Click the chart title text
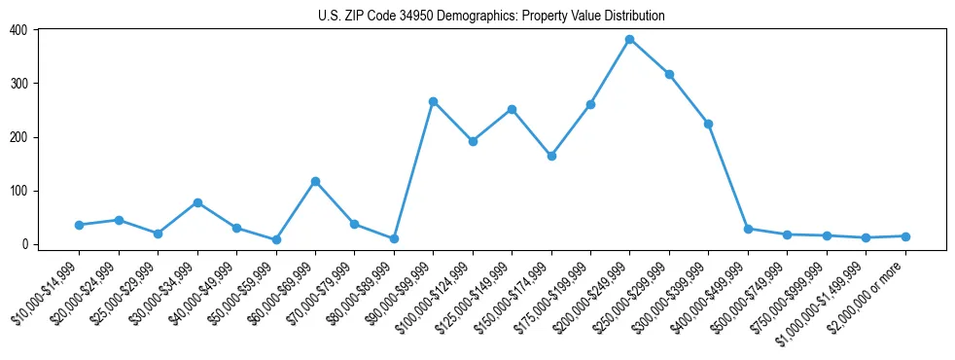click(491, 16)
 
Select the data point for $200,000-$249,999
click(629, 40)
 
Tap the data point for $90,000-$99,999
click(433, 101)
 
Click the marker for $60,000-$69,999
click(315, 181)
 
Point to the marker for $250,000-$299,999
click(669, 74)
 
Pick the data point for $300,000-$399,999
click(708, 124)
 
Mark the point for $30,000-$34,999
click(197, 202)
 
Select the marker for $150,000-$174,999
click(551, 156)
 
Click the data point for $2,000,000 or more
click(904, 236)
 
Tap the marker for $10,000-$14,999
click(79, 225)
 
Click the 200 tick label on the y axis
click(19, 137)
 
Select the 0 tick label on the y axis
click(26, 244)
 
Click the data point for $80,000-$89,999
click(394, 238)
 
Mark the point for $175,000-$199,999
click(590, 104)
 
